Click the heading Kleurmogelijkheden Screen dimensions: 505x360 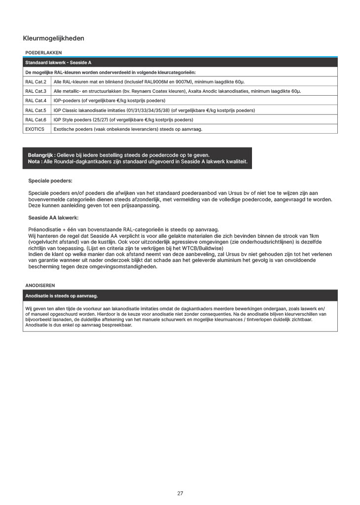(53, 38)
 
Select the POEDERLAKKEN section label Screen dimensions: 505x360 (43, 52)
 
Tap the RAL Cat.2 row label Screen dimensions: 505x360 (36, 81)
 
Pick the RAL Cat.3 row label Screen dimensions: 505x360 (36, 91)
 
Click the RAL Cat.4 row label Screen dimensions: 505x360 (36, 101)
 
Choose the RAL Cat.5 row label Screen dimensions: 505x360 (36, 110)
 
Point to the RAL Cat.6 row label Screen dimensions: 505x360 (36, 120)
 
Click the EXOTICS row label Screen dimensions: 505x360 (35, 129)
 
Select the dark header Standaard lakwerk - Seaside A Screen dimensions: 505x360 (58, 63)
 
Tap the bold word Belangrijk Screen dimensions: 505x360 (41, 155)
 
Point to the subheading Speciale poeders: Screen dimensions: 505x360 (50, 181)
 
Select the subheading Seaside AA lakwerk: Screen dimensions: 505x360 (53, 217)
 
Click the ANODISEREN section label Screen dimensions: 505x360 (40, 285)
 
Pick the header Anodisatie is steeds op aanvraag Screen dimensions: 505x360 (62, 296)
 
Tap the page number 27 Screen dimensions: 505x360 (180, 493)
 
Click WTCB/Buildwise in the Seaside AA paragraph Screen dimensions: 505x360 (204, 248)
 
